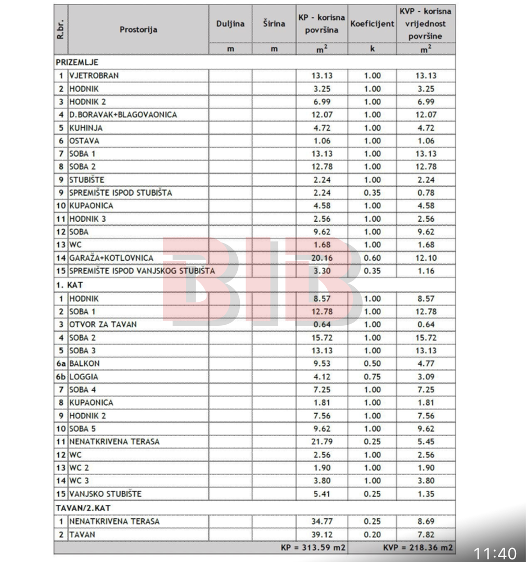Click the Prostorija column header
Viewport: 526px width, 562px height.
(138, 30)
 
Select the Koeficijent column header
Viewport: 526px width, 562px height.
(372, 24)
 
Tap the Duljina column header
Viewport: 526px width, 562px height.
(230, 24)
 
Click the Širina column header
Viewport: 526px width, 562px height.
(274, 24)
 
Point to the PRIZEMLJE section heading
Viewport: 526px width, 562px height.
(77, 62)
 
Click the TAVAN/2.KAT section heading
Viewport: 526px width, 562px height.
(83, 507)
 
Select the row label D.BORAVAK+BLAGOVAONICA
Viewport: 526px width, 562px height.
(123, 114)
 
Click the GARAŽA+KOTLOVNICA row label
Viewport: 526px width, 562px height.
(111, 258)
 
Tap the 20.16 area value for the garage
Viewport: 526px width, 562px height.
(322, 258)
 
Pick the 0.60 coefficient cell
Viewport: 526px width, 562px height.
(372, 258)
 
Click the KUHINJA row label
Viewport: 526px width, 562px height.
(86, 127)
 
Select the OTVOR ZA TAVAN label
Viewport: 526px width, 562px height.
(103, 324)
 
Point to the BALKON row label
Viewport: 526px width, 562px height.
(84, 364)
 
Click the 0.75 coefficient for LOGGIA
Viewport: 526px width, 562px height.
(372, 377)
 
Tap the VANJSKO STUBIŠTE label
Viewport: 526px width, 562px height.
(105, 494)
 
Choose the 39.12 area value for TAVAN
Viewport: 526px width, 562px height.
(322, 534)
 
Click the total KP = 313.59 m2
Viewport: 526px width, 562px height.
(313, 547)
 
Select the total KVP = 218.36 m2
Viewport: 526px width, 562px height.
(418, 547)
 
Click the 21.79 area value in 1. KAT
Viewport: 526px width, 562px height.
(322, 442)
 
